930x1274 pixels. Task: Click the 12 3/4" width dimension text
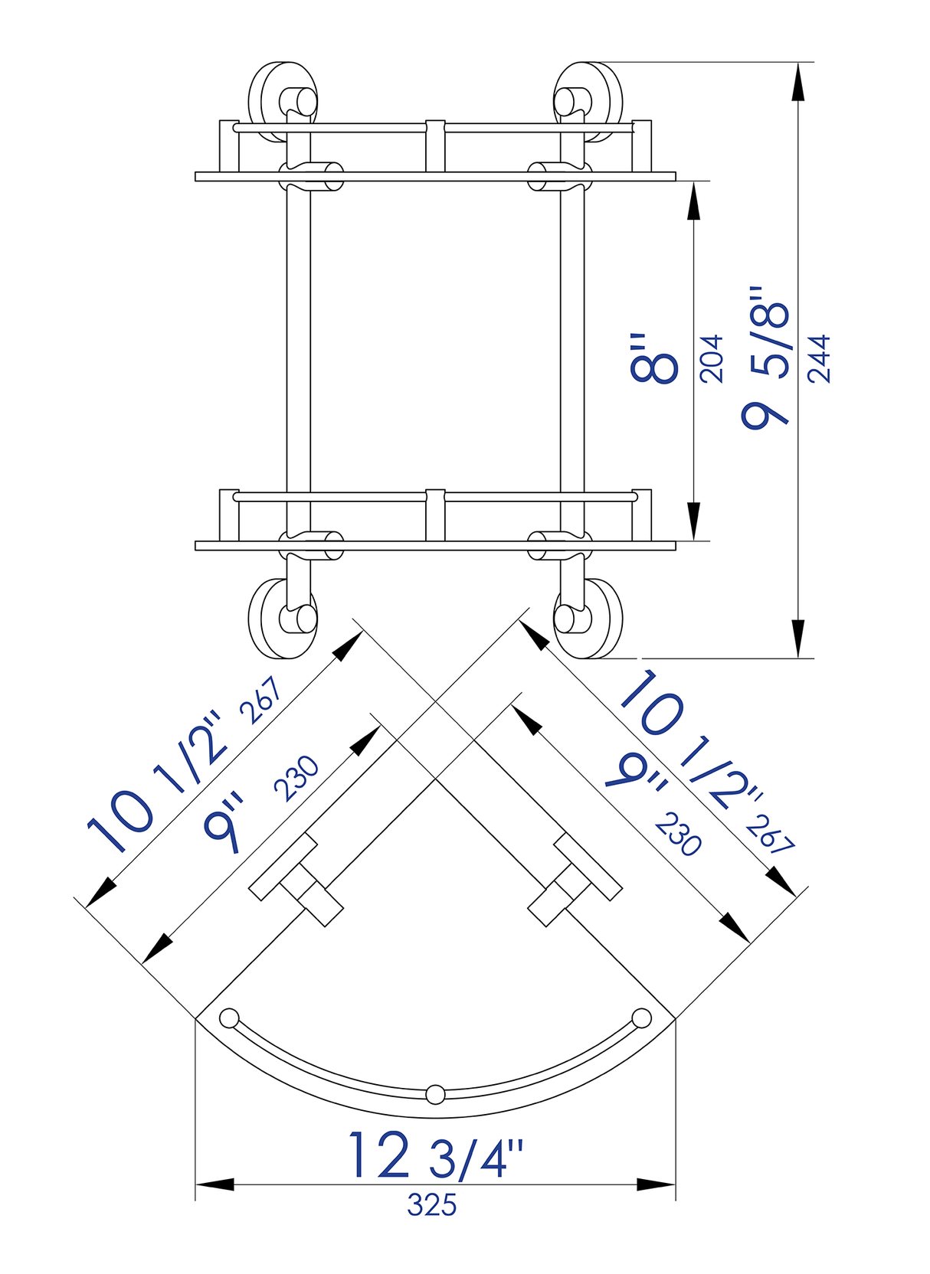point(436,1156)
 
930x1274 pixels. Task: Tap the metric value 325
point(432,1205)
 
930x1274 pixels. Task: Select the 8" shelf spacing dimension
point(653,358)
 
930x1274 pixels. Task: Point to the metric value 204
point(712,358)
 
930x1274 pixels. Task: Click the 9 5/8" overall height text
point(765,358)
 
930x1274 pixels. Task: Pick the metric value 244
point(819,358)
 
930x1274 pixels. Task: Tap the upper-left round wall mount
point(283,101)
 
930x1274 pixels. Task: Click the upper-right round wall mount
point(588,101)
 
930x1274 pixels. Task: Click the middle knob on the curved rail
point(435,1094)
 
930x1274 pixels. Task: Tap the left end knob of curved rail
point(228,1018)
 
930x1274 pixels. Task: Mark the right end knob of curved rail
point(642,1018)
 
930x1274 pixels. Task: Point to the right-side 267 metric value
point(770,835)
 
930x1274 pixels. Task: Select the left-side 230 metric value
point(296,778)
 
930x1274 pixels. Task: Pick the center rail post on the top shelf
point(435,145)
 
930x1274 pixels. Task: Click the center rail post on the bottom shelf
point(435,514)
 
